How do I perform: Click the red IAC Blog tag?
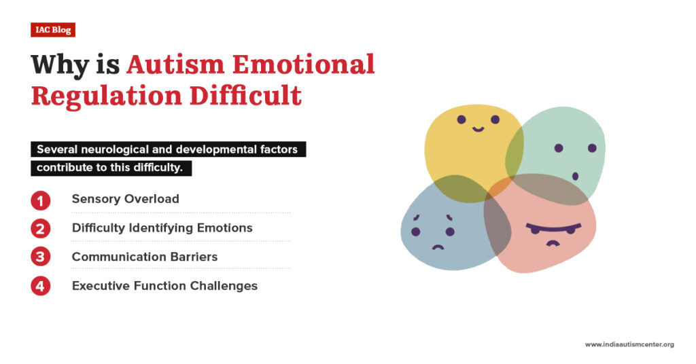tap(52, 30)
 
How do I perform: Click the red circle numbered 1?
tap(41, 200)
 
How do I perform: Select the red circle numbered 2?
tap(41, 228)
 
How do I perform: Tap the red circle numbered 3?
tap(41, 257)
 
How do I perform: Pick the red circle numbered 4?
tap(41, 286)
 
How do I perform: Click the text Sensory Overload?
tap(125, 199)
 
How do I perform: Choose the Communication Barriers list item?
tap(144, 257)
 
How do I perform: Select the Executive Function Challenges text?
tap(164, 286)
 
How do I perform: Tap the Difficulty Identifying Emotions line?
tap(162, 228)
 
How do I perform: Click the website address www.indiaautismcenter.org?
tap(629, 344)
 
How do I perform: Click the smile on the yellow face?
tap(478, 128)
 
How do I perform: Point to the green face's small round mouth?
tap(575, 176)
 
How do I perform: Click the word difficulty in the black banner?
tap(156, 168)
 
